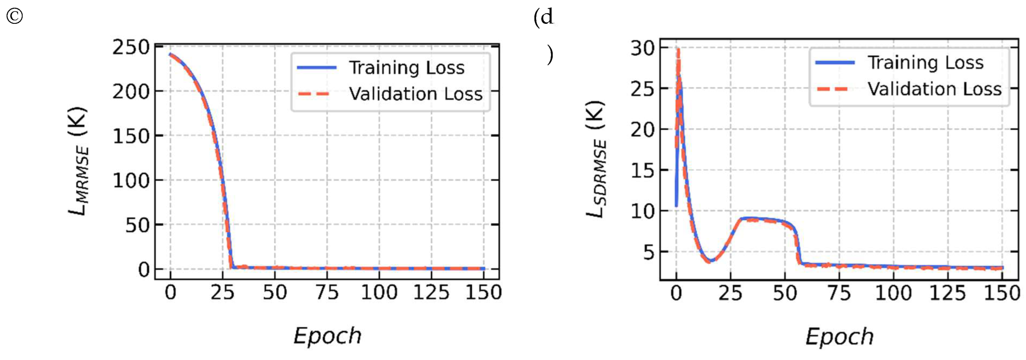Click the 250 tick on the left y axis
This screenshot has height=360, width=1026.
coord(131,48)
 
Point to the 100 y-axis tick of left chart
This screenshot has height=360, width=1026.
coord(131,181)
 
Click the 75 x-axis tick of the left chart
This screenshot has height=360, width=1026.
coord(327,293)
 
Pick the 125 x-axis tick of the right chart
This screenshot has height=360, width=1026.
coord(947,294)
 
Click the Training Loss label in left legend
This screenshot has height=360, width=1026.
coord(407,68)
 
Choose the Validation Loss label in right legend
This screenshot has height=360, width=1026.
coord(934,89)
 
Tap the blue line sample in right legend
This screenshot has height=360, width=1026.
coord(835,63)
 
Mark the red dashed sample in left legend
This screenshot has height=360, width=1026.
coord(314,94)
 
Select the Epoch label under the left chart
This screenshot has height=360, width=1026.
coord(328,336)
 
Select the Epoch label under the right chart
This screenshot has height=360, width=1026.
coord(839,337)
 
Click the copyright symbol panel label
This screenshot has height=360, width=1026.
coord(14,16)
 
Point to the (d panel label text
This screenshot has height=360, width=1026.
coord(544,17)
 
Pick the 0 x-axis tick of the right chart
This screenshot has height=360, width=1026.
coord(676,294)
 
